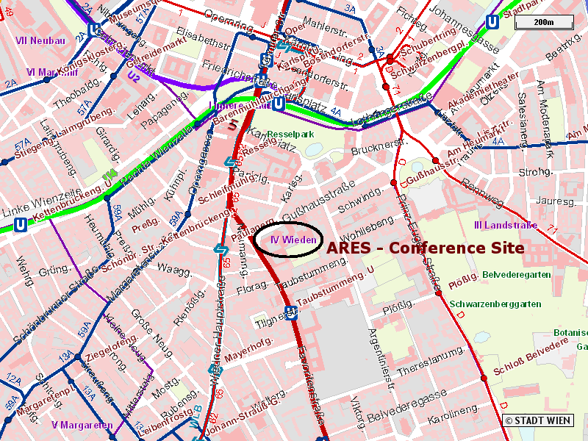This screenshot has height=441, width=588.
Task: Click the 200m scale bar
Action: pyautogui.click(x=543, y=22)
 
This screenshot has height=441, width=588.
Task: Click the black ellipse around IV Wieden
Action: pyautogui.click(x=291, y=240)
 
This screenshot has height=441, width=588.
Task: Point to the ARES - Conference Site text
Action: pyautogui.click(x=425, y=248)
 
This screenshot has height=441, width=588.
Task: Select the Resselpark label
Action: pyautogui.click(x=290, y=135)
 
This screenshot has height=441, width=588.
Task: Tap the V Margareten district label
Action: pyautogui.click(x=82, y=425)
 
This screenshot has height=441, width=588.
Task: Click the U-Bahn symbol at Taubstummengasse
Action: pyautogui.click(x=291, y=312)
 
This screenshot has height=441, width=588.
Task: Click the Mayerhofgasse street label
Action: pyautogui.click(x=248, y=348)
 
